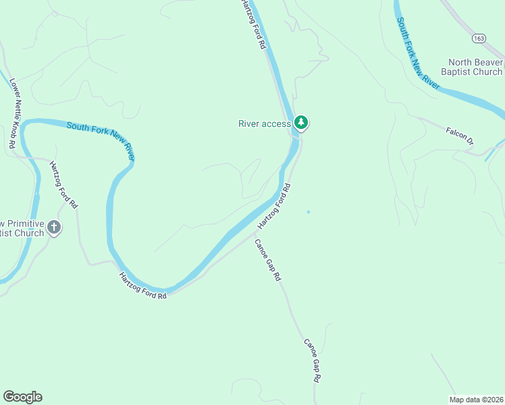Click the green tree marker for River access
[301, 123]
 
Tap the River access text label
[265, 124]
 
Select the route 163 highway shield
[479, 38]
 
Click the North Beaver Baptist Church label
[471, 67]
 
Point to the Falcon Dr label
[460, 135]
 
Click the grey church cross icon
[54, 228]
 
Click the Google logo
[22, 397]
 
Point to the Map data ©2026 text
[477, 399]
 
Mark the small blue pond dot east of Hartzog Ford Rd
[309, 212]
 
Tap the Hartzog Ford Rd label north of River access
[252, 24]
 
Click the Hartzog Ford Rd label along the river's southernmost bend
[142, 286]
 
